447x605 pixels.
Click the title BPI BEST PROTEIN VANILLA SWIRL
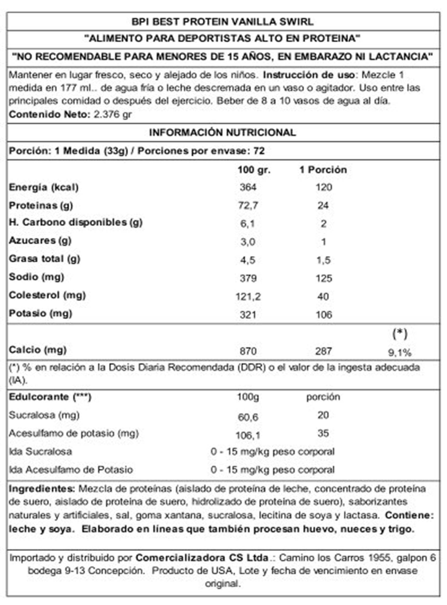222,22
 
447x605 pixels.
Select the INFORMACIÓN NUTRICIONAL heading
222,133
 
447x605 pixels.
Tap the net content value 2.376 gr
113,114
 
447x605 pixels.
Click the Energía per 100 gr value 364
248,187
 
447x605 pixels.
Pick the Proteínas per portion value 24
323,205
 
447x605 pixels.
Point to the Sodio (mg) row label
37,277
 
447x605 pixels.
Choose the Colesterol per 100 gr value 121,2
248,297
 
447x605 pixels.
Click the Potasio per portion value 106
324,315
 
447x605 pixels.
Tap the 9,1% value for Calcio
400,353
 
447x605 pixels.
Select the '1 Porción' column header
323,170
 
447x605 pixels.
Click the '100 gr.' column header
254,170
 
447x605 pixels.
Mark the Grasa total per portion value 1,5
323,260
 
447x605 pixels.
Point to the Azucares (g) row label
40,240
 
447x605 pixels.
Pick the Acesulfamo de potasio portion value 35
323,433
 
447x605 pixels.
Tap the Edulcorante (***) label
50,397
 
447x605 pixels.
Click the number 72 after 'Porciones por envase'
259,151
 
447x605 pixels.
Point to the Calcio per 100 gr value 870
248,351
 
